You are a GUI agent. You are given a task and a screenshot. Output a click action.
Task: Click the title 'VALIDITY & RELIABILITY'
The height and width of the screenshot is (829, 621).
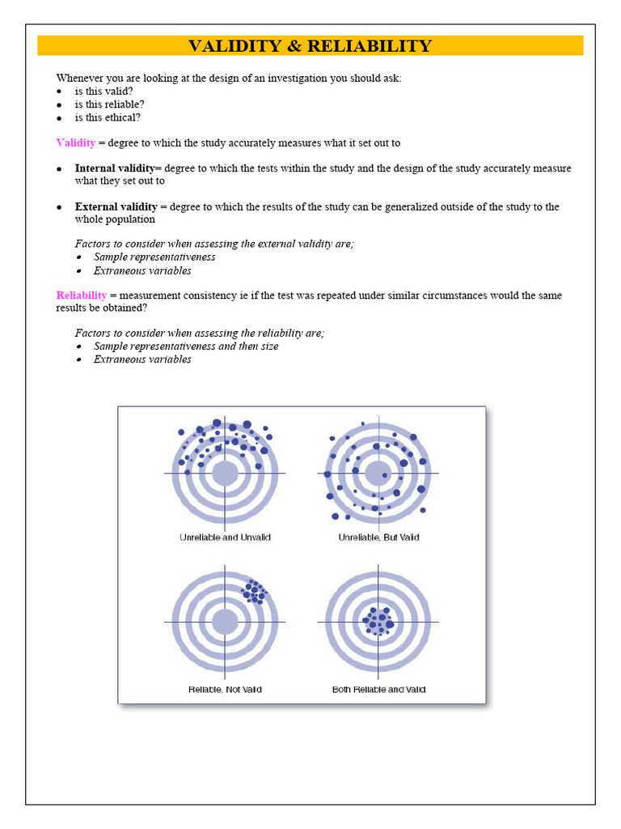point(310,46)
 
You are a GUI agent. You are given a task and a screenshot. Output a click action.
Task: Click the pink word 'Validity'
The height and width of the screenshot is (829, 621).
point(75,143)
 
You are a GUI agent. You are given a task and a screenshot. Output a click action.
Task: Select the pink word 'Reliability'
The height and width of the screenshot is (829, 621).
point(81,295)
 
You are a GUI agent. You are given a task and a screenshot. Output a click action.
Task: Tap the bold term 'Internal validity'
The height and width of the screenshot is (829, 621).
point(118,168)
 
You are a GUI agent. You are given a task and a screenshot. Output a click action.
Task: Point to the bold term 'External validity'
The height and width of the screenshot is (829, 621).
point(116,206)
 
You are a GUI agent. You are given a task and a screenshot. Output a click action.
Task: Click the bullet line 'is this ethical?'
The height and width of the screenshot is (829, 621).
point(108,117)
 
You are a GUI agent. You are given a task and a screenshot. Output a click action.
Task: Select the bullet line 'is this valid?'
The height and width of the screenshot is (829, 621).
point(103,91)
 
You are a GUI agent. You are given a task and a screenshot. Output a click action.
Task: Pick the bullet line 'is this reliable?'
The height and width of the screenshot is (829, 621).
point(109,104)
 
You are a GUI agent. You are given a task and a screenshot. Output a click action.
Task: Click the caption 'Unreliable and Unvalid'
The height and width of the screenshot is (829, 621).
point(225,538)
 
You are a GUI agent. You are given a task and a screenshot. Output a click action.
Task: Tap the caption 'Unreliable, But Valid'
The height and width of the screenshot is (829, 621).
point(378,538)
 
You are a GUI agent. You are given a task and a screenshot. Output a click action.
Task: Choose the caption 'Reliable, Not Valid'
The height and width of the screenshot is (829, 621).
point(225,690)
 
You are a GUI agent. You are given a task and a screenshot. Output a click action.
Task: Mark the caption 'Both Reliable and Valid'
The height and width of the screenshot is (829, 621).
point(378,690)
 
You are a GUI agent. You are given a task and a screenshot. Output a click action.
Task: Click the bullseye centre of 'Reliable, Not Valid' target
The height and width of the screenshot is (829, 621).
point(225,622)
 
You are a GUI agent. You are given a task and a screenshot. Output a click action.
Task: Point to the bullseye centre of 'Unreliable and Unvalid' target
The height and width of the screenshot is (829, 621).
point(225,473)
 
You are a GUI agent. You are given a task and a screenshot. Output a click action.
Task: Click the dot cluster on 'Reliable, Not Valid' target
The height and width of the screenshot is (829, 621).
point(255,592)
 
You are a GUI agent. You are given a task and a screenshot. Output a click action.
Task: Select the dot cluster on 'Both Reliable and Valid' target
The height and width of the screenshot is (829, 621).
point(378,622)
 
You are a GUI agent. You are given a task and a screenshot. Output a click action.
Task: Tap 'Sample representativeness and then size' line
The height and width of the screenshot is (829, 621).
point(186,346)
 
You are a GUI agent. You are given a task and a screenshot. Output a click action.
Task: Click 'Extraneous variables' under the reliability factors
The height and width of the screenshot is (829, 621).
point(142,359)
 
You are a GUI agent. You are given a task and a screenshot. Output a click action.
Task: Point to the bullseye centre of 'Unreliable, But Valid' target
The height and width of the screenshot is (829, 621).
point(378,473)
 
